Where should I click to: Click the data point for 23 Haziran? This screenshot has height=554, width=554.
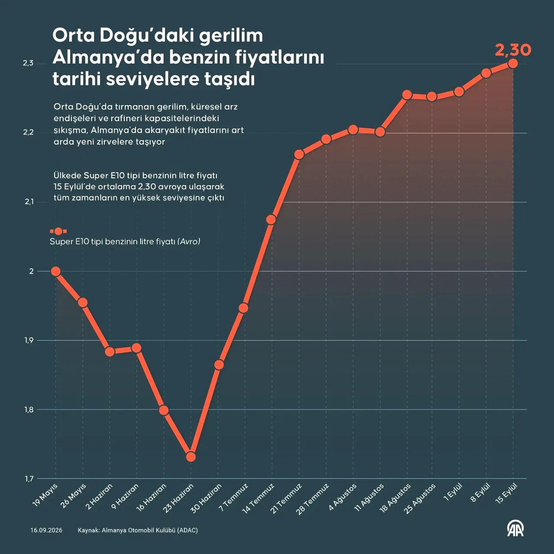[x=190, y=457]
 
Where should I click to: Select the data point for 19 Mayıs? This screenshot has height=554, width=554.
[x=55, y=271]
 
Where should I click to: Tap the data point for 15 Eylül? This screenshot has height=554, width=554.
[x=513, y=63]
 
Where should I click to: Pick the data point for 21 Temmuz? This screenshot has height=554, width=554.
[x=299, y=155]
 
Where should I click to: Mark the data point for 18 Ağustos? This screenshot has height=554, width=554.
[x=407, y=95]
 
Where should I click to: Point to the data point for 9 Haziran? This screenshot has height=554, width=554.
[x=136, y=348]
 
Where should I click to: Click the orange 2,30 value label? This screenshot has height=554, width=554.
[x=513, y=50]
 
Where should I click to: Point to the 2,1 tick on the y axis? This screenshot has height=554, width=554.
[x=29, y=202]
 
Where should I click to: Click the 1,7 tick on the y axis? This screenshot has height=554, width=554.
[x=29, y=479]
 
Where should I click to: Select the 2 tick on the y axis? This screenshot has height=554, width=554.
[x=31, y=271]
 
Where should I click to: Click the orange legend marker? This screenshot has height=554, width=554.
[x=58, y=231]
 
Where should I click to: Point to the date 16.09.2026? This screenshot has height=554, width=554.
[x=46, y=530]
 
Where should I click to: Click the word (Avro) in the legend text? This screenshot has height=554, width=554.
[x=189, y=242]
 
